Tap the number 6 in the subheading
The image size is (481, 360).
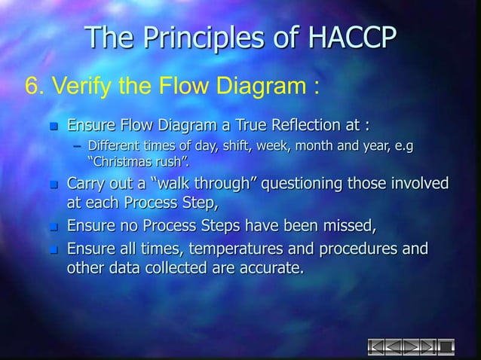tap(32, 86)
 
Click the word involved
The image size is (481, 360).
tap(415, 185)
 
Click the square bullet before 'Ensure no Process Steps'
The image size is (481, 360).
tap(53, 227)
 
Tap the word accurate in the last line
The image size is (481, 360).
tap(268, 268)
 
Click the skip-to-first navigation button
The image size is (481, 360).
tap(375, 346)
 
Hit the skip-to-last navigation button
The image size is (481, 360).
tap(427, 346)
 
